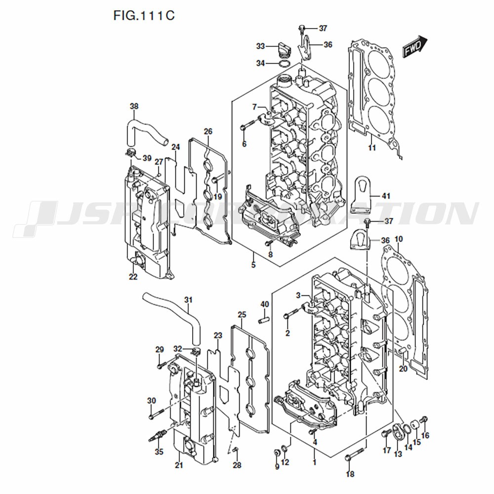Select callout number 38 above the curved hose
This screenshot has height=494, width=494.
(134, 106)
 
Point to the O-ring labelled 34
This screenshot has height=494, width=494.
(284, 64)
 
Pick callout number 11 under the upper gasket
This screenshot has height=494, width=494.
(372, 148)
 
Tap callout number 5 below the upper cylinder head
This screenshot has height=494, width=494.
(253, 265)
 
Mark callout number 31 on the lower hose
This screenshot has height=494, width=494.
(188, 300)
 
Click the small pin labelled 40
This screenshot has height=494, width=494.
(264, 320)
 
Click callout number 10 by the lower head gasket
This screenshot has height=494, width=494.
(399, 240)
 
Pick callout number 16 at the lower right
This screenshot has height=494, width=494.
(425, 435)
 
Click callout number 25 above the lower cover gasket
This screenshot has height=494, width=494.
(242, 315)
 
